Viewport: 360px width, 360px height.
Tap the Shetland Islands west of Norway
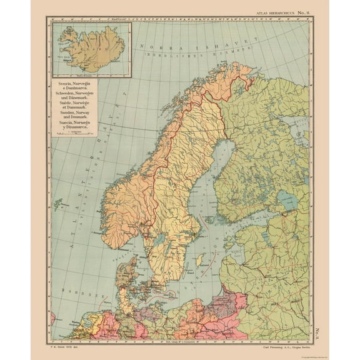point(59,202)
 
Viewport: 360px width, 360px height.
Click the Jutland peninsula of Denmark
point(129,274)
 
